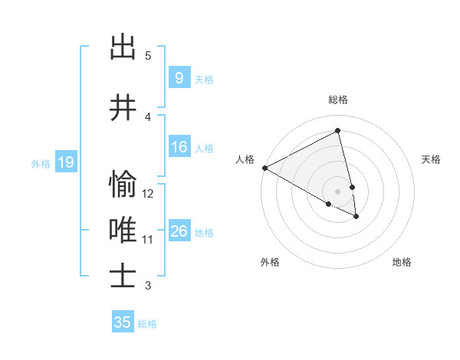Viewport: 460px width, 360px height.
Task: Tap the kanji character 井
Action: point(123,110)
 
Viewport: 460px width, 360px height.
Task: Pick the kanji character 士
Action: point(123,277)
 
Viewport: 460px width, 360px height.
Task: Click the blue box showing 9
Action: point(179,78)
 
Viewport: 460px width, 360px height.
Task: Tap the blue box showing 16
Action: point(179,148)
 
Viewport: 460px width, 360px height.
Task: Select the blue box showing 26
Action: point(179,231)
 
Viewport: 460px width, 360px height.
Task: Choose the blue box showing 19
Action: point(65,162)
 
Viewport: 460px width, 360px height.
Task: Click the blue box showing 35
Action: point(123,322)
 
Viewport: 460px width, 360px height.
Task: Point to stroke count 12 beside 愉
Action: point(149,194)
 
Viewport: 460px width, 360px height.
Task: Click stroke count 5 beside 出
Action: point(148,56)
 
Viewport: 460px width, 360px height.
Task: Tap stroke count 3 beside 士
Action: point(148,286)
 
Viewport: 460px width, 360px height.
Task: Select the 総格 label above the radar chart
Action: point(338,100)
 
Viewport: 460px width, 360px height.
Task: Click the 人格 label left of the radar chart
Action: point(245,159)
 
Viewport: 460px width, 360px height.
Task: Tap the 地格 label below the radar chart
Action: point(402,262)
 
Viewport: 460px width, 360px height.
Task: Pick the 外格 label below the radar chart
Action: point(270,262)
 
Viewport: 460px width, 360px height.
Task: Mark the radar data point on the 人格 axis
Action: point(264,168)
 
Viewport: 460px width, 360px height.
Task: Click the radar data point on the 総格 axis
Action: point(338,130)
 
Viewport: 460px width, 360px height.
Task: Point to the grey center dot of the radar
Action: point(338,191)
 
